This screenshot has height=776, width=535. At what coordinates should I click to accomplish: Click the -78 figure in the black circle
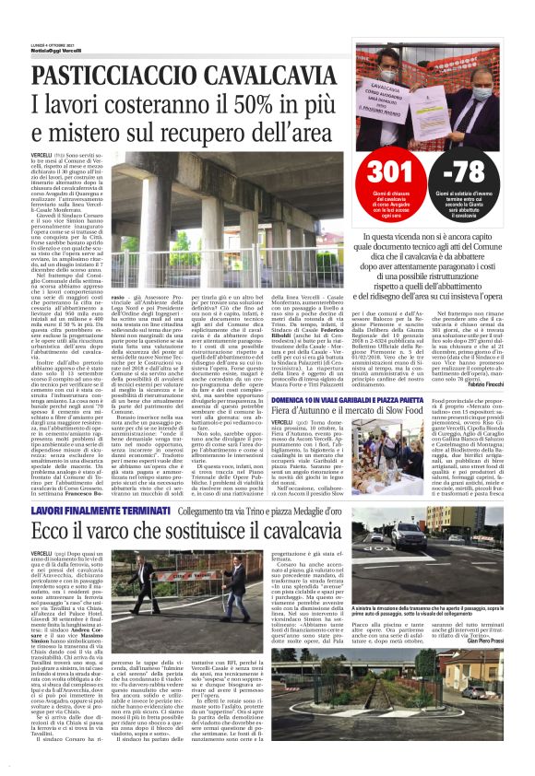(x=481, y=170)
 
